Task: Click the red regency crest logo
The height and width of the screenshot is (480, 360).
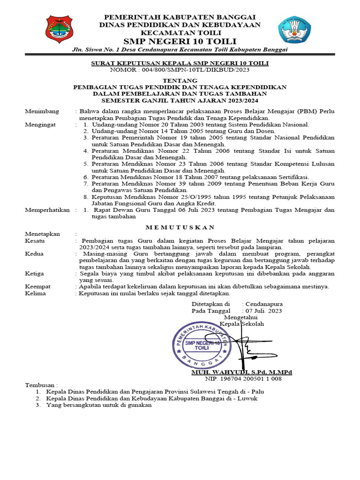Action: tap(59, 30)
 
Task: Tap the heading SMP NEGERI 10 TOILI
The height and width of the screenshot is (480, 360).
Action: tap(180, 41)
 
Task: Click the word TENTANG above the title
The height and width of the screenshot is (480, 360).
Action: tap(180, 81)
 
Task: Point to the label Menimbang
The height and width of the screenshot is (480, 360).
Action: tap(42, 111)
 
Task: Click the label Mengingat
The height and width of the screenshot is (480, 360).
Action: tap(40, 125)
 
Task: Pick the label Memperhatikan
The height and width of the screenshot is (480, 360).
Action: tap(47, 210)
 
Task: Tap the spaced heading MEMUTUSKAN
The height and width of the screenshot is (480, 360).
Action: tap(180, 227)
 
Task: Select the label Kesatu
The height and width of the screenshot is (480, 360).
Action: tap(35, 240)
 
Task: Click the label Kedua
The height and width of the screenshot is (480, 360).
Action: tap(34, 254)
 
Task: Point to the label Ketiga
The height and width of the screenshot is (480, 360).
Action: tap(34, 273)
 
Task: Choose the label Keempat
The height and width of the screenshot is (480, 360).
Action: tap(37, 286)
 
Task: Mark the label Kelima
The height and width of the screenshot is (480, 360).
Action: tap(36, 293)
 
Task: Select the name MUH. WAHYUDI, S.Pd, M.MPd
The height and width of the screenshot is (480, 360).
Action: tap(241, 372)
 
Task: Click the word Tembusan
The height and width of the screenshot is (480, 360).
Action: tap(41, 384)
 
